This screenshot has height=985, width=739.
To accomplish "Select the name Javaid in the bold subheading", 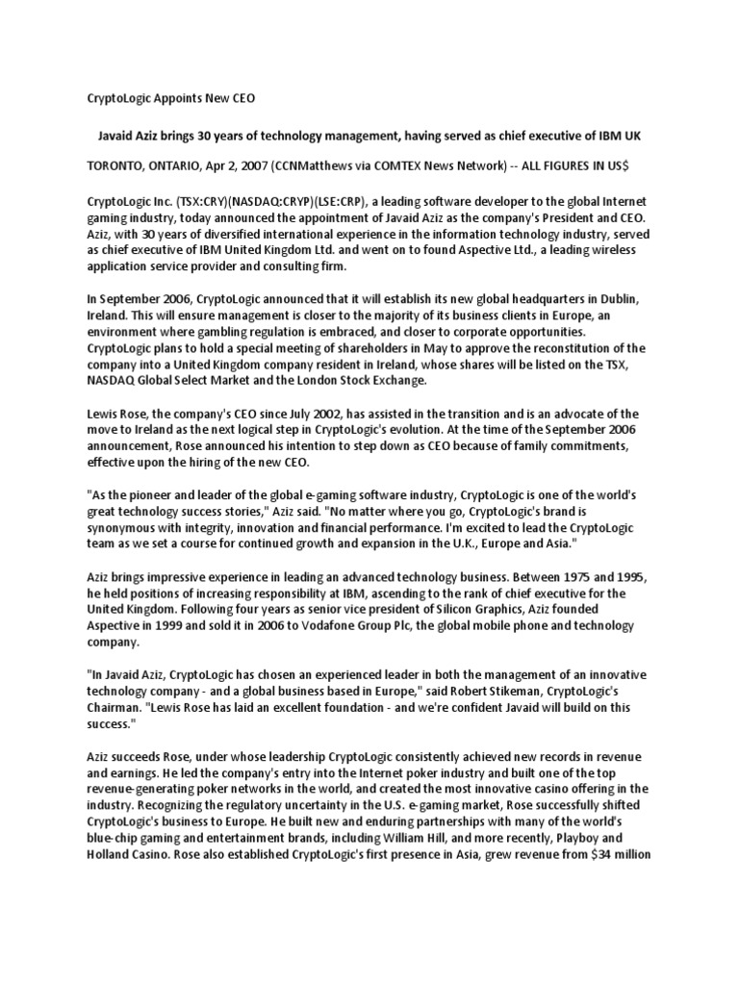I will [x=122, y=137].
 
